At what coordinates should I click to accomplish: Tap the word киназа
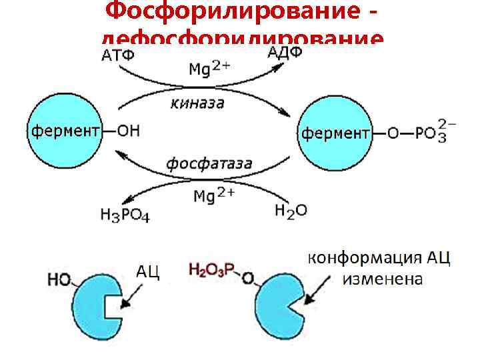pyautogui.click(x=197, y=103)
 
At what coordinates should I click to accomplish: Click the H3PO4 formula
pyautogui.click(x=126, y=213)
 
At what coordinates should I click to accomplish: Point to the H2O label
pyautogui.click(x=291, y=211)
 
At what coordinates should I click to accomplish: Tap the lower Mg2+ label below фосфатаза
pyautogui.click(x=213, y=195)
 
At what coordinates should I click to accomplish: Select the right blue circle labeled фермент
pyautogui.click(x=335, y=133)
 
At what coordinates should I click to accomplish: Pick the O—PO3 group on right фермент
pyautogui.click(x=417, y=133)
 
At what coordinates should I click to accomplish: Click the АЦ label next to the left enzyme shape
pyautogui.click(x=148, y=272)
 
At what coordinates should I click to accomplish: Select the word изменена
pyautogui.click(x=383, y=279)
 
